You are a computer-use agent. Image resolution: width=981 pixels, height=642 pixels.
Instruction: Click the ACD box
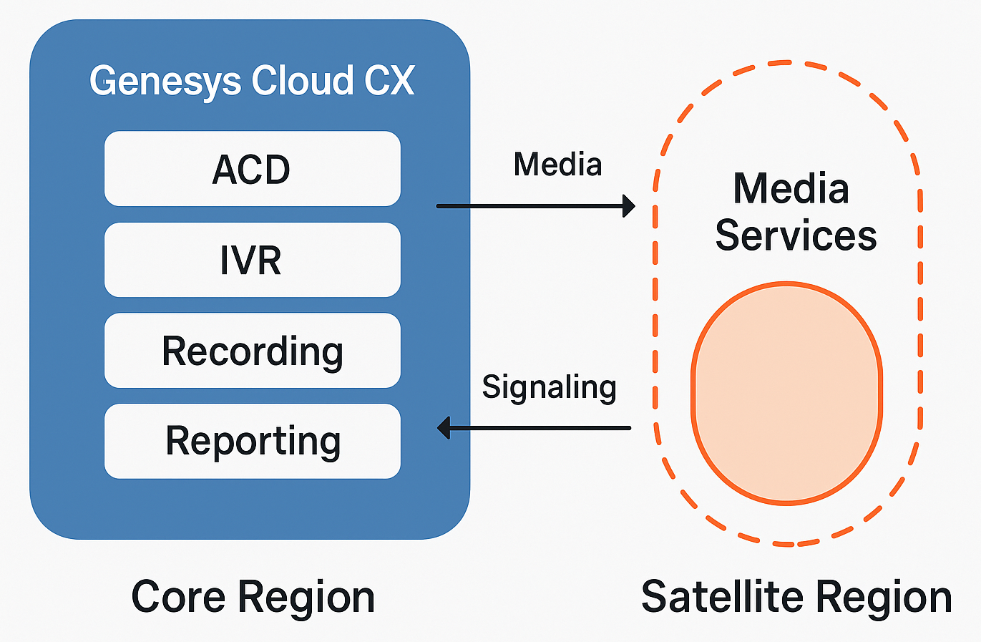pyautogui.click(x=252, y=169)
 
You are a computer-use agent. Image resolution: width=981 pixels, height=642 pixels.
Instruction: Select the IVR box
pyautogui.click(x=252, y=260)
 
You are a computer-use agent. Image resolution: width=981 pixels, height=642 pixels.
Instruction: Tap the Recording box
pyautogui.click(x=252, y=351)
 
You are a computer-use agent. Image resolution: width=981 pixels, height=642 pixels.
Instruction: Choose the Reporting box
pyautogui.click(x=252, y=441)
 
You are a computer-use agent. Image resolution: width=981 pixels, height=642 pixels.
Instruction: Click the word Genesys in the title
pyautogui.click(x=165, y=80)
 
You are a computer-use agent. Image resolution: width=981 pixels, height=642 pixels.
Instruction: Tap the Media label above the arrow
pyautogui.click(x=557, y=165)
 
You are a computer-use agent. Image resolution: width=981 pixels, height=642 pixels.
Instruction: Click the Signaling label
pyautogui.click(x=549, y=388)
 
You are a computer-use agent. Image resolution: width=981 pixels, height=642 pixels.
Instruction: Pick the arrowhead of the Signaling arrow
pyautogui.click(x=444, y=428)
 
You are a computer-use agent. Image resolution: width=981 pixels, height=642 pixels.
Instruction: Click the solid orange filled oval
pyautogui.click(x=786, y=394)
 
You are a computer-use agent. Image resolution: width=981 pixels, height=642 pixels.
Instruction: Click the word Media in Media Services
pyautogui.click(x=791, y=189)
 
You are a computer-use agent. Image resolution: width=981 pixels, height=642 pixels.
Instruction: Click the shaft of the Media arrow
pyautogui.click(x=529, y=206)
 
